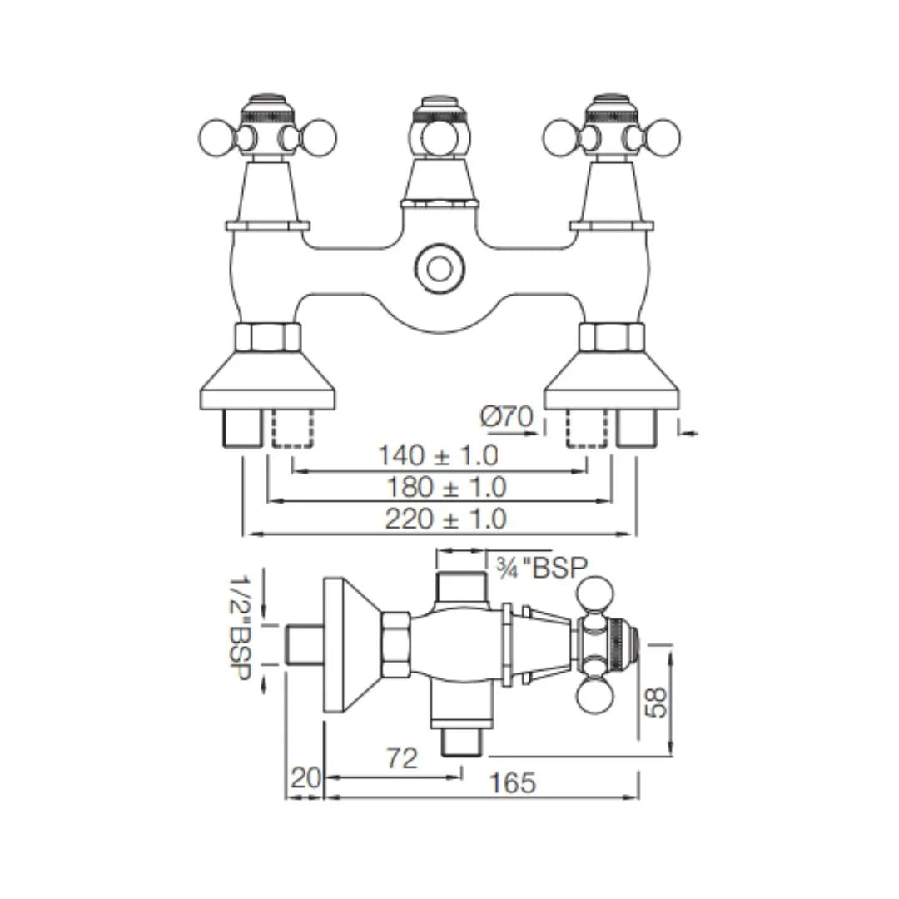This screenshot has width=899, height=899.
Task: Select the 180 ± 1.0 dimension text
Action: tap(445, 487)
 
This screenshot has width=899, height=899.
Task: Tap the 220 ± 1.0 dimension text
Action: tap(445, 519)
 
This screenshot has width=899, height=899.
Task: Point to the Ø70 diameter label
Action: tap(507, 416)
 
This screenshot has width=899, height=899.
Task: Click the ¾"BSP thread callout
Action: tap(541, 568)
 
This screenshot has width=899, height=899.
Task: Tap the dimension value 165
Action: tap(512, 783)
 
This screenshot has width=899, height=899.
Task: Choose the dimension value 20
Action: tap(305, 778)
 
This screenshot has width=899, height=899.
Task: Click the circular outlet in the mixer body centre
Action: tap(436, 268)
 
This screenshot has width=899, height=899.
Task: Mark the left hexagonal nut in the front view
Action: tap(267, 337)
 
